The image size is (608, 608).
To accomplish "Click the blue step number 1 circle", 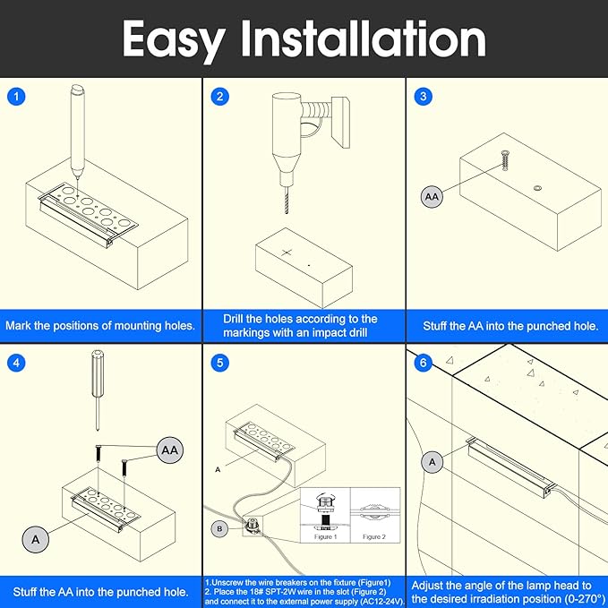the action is (x=16, y=97).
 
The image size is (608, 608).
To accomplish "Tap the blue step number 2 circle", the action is (x=220, y=97).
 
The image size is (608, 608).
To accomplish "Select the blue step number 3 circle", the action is (x=424, y=97).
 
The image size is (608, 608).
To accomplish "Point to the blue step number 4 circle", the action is (x=16, y=363).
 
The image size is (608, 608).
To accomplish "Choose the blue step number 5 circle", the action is (x=220, y=363).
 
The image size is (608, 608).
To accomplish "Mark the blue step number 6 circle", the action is (x=423, y=363).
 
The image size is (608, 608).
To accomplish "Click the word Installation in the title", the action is (x=364, y=38).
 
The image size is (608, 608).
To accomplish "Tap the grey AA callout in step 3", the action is (x=432, y=197).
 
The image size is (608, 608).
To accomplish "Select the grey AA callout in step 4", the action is (x=170, y=450).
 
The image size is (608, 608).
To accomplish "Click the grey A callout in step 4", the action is (x=36, y=539).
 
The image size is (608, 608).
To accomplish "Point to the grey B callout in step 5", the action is (x=220, y=529).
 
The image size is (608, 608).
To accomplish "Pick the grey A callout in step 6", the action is (x=432, y=462).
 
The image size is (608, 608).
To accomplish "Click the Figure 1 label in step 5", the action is (x=325, y=536).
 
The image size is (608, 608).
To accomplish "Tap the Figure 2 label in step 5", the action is (x=374, y=536).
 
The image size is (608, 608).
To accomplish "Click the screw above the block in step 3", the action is (x=504, y=160).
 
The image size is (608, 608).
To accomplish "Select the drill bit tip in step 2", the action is (x=287, y=213).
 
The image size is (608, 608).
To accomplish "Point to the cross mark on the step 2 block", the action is (x=287, y=253).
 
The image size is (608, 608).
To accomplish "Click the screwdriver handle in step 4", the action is (x=97, y=373).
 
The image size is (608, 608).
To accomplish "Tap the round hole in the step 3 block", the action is (x=537, y=188).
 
